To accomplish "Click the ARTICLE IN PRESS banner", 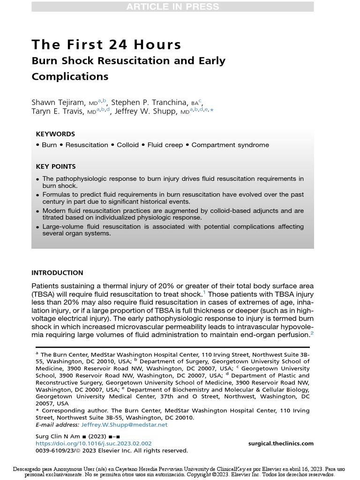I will coord(172,7).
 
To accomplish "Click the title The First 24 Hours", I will coord(106,45).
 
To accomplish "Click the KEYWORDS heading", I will coord(55,134).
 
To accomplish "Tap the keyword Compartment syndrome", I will coord(230,145).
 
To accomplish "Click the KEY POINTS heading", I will coord(56,166).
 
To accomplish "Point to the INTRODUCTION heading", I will coord(57,273).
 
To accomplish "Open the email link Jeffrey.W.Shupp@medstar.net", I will coord(124,425).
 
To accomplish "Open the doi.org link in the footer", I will coord(94,443).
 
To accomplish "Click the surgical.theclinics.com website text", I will coord(281,443).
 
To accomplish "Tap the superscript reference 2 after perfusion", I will coord(311,332).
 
